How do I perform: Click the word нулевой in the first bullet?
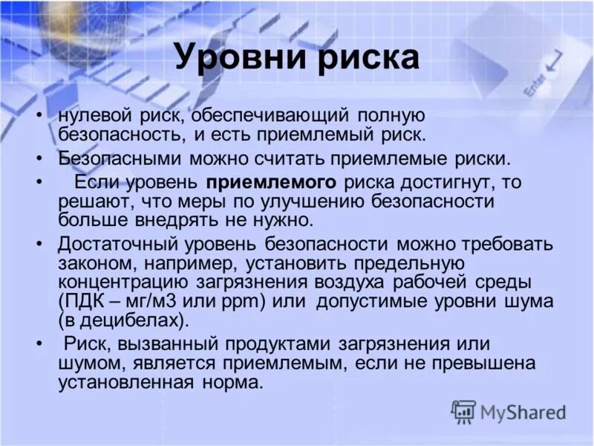pyautogui.click(x=93, y=117)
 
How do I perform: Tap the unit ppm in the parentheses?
pyautogui.click(x=249, y=302)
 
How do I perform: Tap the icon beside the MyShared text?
pyautogui.click(x=463, y=411)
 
